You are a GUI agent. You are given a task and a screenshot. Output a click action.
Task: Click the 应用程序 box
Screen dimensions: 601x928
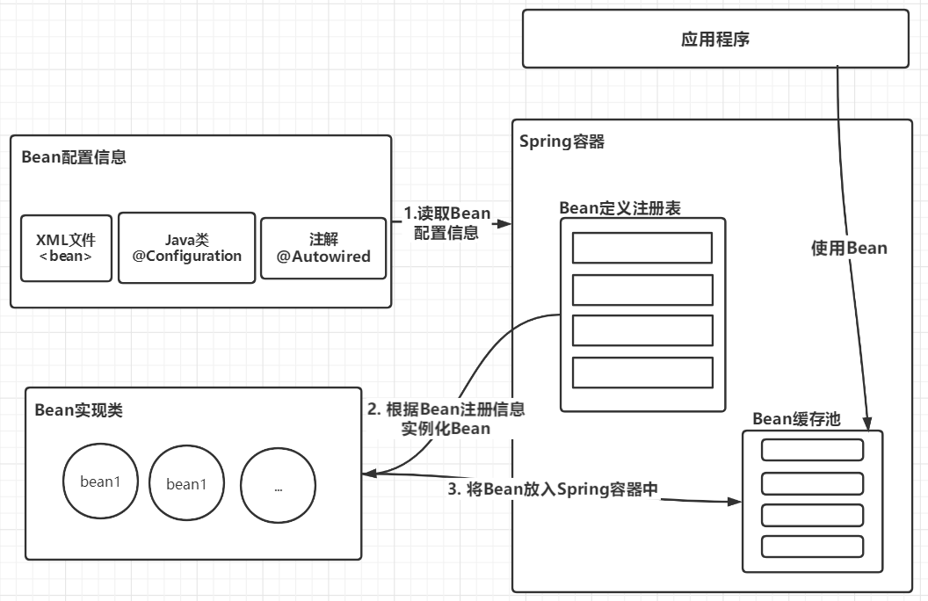click(715, 39)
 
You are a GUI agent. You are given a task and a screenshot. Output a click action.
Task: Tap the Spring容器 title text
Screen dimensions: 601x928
click(562, 141)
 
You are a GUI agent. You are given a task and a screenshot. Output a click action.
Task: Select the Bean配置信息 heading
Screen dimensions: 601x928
click(74, 157)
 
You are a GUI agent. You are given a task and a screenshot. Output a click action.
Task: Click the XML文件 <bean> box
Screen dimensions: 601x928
click(66, 248)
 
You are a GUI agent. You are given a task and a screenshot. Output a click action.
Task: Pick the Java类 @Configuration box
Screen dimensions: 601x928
click(186, 248)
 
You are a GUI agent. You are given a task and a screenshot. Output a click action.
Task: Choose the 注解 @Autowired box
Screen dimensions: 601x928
click(323, 248)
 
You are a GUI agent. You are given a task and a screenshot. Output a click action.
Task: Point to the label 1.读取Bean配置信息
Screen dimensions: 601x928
click(446, 224)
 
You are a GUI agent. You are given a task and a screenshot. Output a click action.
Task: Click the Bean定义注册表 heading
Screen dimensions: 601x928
click(620, 208)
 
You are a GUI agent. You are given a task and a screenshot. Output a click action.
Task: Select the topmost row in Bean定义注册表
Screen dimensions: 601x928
click(642, 248)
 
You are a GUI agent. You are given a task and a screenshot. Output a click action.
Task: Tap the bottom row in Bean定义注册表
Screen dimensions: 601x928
click(642, 373)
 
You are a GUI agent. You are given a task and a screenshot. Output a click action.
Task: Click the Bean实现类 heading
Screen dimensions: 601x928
click(79, 409)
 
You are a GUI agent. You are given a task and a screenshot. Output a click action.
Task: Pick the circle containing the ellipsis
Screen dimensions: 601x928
click(279, 486)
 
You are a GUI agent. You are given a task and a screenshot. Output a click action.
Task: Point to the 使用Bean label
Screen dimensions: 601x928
click(849, 249)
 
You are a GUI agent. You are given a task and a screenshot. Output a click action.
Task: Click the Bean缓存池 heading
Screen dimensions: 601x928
click(796, 419)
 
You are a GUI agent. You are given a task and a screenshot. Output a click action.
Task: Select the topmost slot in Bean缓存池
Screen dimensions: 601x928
click(812, 450)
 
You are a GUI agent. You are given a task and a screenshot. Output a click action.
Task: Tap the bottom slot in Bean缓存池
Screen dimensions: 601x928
click(812, 546)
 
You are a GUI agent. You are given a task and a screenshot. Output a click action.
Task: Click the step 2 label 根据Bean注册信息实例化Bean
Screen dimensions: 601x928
click(446, 419)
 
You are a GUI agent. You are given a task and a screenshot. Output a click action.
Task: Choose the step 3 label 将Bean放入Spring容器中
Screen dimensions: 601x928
click(554, 490)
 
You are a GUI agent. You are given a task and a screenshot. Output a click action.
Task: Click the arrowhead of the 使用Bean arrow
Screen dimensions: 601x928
click(869, 423)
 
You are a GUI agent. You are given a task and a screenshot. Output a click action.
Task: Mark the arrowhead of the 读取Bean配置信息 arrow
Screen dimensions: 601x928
click(504, 224)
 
